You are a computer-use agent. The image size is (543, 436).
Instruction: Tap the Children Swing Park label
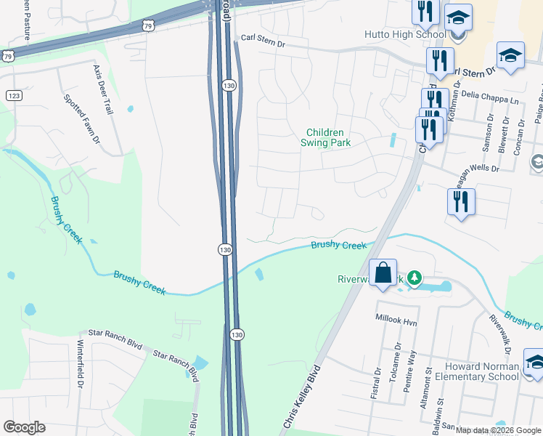click(x=328, y=137)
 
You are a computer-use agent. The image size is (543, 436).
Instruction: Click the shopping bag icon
click(x=383, y=274)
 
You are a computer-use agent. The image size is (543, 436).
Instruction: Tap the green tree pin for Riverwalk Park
click(x=414, y=278)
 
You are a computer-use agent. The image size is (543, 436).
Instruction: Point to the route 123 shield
click(x=12, y=95)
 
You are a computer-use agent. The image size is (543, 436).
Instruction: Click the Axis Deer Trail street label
click(x=102, y=89)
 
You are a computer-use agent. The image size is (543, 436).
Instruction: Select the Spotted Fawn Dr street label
click(x=81, y=118)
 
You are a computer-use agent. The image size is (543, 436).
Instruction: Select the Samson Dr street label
click(x=486, y=135)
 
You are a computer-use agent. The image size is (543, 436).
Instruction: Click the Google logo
click(x=24, y=427)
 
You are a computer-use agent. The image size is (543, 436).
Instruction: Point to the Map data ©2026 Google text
click(x=498, y=430)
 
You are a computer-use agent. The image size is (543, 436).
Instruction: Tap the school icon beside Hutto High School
click(x=457, y=17)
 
